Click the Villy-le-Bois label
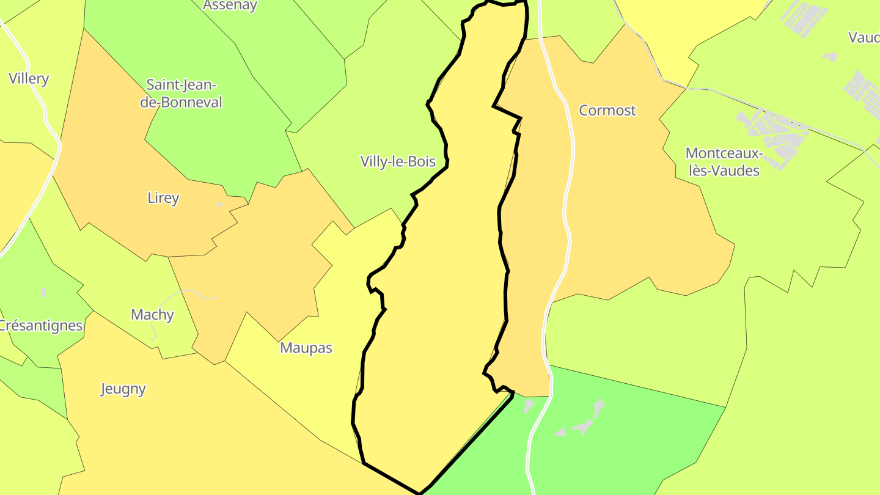tap(398, 161)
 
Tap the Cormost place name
tap(607, 111)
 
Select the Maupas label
tap(306, 348)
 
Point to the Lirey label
tap(163, 198)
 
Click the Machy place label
tap(152, 315)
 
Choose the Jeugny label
tap(123, 389)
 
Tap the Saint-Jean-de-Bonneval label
tap(181, 94)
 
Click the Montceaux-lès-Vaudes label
tap(724, 161)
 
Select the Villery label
tap(29, 78)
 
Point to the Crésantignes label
tap(40, 325)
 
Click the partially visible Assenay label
tap(230, 5)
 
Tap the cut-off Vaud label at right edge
tap(864, 37)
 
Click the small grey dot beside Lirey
tap(219, 205)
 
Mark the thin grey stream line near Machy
tap(183, 294)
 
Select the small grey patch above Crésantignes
tap(43, 292)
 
